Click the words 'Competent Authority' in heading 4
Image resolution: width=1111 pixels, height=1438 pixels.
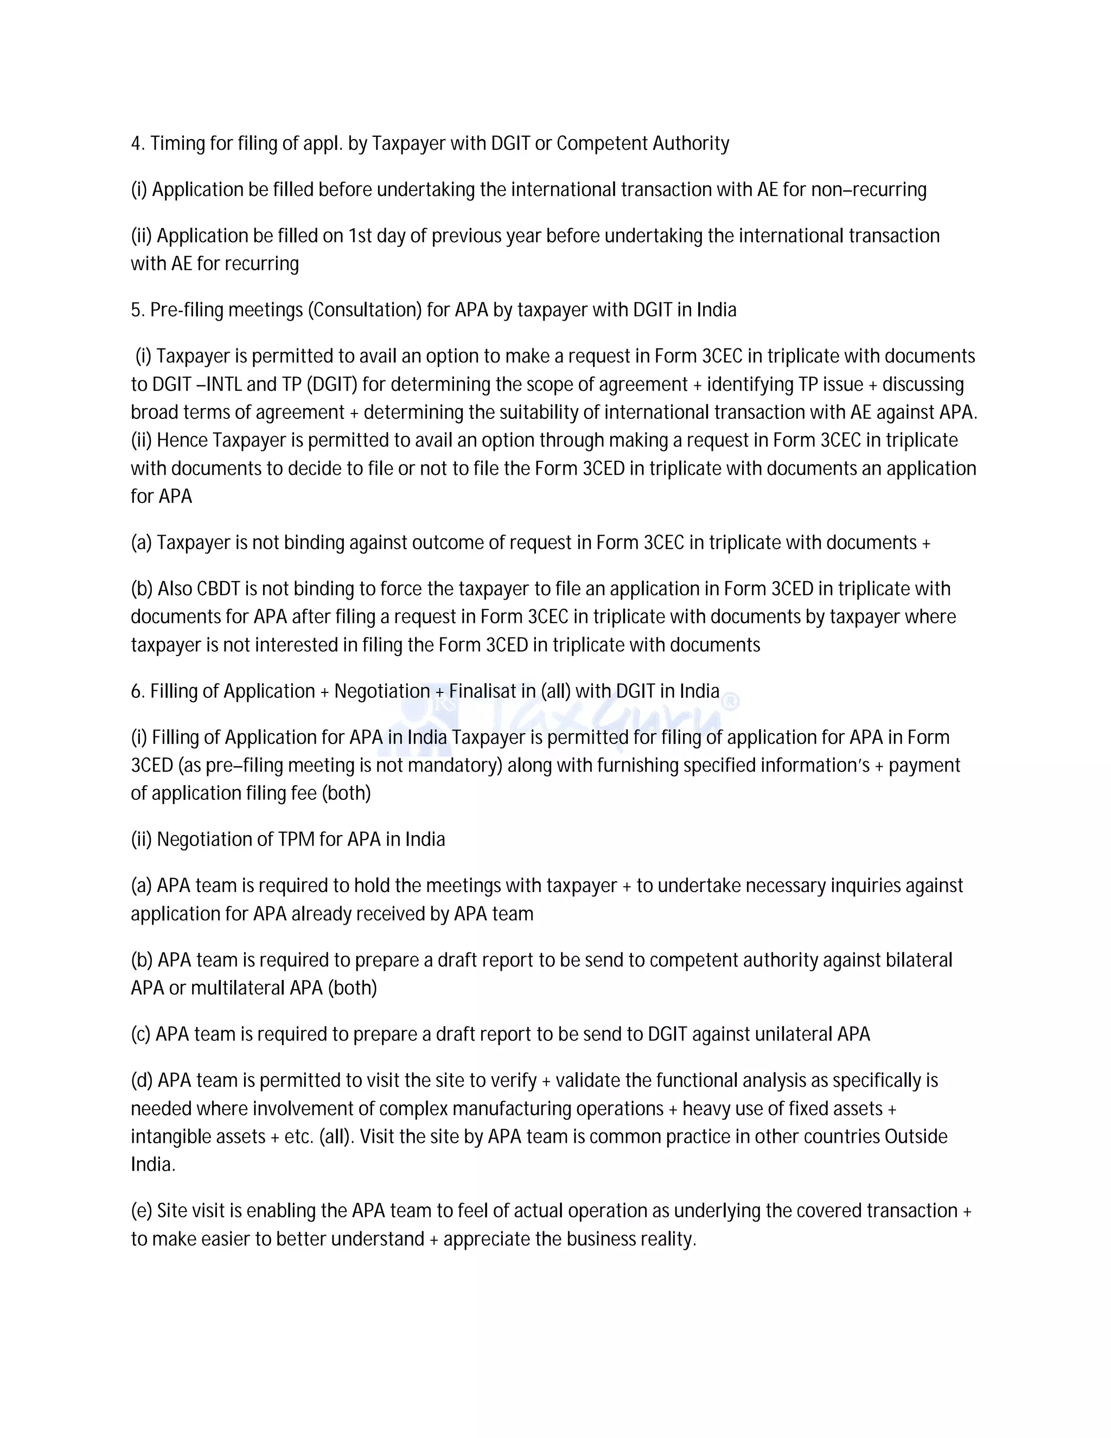coord(642,144)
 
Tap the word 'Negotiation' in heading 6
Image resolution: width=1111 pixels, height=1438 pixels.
coord(382,691)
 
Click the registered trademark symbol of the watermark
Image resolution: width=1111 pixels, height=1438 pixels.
coord(731,702)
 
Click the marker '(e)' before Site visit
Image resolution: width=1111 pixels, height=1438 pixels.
coord(142,1211)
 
